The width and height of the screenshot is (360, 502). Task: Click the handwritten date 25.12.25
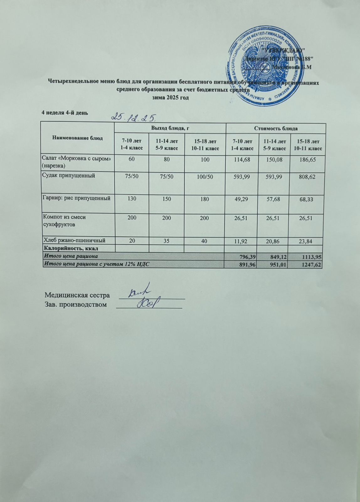click(135, 117)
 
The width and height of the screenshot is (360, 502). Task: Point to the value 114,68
click(242, 160)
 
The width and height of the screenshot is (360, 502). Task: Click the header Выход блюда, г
click(170, 128)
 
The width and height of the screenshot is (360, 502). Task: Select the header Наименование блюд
click(78, 138)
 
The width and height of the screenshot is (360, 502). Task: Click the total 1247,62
click(311, 264)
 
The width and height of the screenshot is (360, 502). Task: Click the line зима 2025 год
click(171, 97)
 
